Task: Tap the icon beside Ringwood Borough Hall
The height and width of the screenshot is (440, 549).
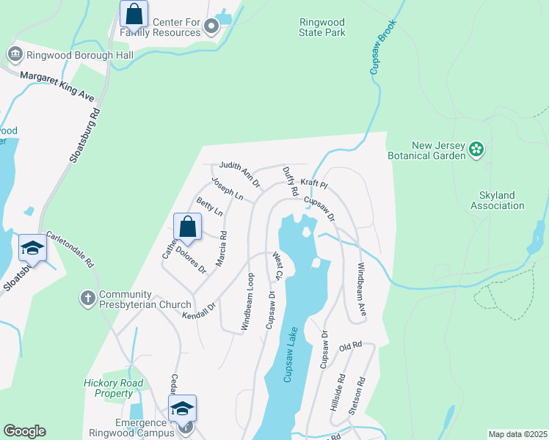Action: (14, 54)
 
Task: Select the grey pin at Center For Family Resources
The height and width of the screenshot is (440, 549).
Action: (211, 28)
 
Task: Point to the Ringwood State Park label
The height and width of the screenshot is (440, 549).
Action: (322, 28)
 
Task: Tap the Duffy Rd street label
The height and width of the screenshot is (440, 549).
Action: (290, 180)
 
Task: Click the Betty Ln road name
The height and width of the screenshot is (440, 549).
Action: (209, 207)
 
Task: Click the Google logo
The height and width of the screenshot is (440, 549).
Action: (24, 431)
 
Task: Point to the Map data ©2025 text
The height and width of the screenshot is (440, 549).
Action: (517, 434)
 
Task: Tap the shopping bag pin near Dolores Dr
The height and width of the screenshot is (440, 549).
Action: (188, 227)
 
